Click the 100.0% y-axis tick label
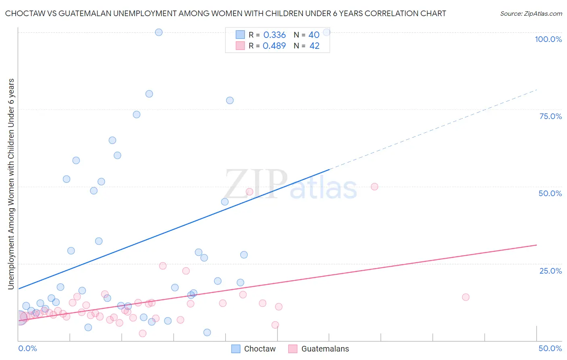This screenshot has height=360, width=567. pos(548,39)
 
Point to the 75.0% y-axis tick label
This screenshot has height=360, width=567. pos(550,116)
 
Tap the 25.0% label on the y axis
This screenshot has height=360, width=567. pos(550,271)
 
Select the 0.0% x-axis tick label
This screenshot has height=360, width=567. pos(27,348)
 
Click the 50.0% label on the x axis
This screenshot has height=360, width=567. pos(550,348)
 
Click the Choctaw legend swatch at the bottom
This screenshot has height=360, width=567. pos(236,349)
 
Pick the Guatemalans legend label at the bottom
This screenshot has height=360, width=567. pos(325,349)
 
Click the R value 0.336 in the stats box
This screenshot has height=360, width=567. pos(274,35)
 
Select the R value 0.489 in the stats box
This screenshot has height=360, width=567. pos(274,46)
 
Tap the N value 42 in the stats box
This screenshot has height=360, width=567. pos(314,46)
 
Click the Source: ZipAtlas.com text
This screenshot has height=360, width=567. pos(531,13)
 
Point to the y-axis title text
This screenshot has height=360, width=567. pos(11,184)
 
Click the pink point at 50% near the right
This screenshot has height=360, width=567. pos(374,186)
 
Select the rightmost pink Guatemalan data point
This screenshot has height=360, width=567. pos(465,297)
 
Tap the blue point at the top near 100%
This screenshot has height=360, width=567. pos(159,32)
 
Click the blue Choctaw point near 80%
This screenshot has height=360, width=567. pos(149,94)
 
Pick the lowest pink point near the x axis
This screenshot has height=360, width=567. pos(142,333)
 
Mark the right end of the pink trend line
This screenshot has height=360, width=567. pos(536,245)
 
